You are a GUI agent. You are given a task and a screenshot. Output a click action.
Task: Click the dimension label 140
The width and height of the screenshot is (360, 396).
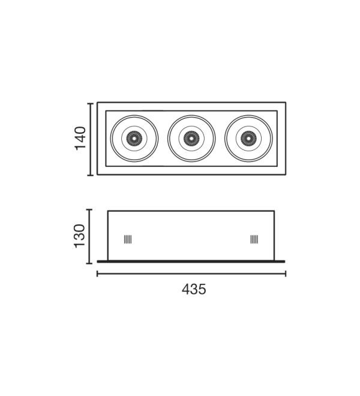[x=80, y=139]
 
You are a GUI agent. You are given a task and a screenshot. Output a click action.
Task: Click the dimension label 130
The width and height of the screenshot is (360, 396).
[x=80, y=236]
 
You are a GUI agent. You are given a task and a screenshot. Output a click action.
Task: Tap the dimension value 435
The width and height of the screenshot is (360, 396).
[x=194, y=289]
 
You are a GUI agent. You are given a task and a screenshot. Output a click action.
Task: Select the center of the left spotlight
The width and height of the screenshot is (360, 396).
[x=134, y=139]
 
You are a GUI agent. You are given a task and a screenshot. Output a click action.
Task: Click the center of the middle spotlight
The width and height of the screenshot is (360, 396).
[x=191, y=139]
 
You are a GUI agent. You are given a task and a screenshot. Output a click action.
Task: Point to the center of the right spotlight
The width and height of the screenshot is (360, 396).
[x=248, y=139]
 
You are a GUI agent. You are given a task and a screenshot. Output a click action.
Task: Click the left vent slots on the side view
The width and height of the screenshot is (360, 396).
[x=128, y=239]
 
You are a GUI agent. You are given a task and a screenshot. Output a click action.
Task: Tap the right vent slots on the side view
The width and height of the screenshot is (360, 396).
[x=254, y=239]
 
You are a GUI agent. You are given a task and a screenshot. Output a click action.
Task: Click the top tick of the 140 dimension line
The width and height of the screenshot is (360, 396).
[x=91, y=104]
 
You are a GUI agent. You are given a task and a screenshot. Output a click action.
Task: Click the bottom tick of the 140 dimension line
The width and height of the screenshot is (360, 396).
[x=91, y=175]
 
